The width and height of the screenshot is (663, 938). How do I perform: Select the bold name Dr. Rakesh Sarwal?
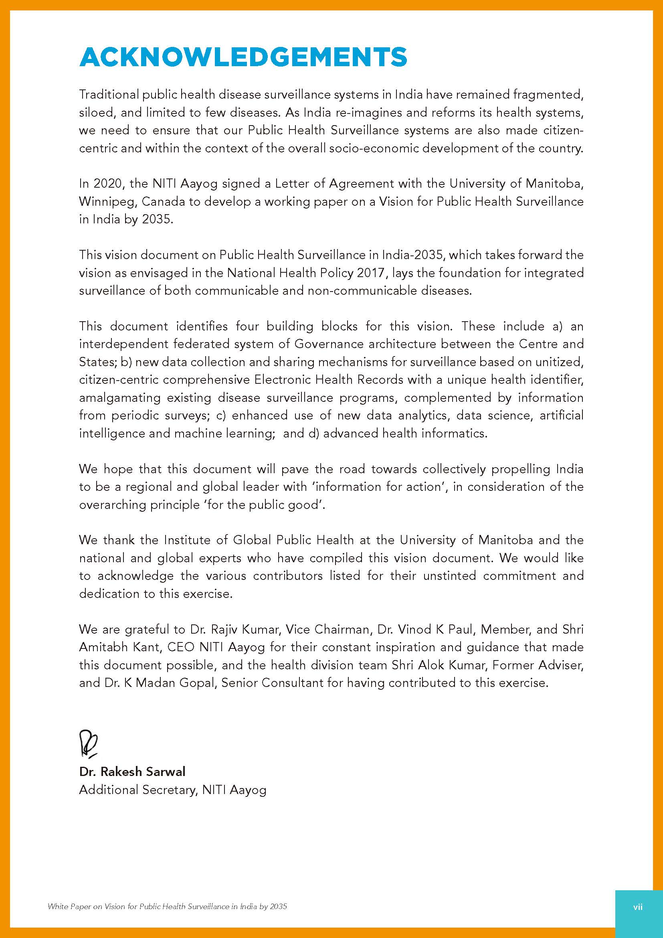pyautogui.click(x=132, y=772)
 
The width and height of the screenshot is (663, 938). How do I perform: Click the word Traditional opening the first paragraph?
pyautogui.click(x=109, y=95)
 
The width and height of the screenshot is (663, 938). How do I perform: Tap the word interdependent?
pyautogui.click(x=124, y=344)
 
